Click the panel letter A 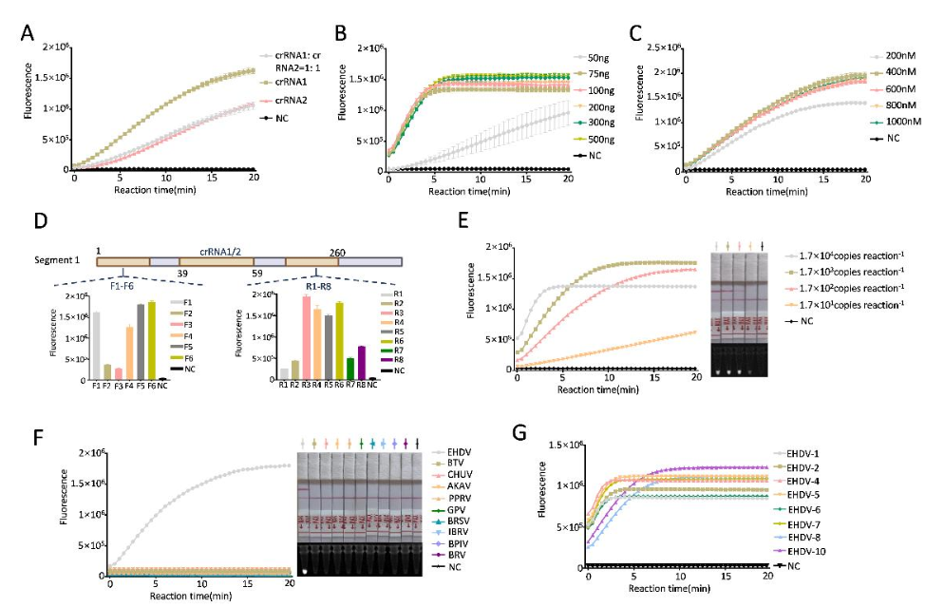tap(28, 33)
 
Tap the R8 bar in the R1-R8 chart tap(363, 362)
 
